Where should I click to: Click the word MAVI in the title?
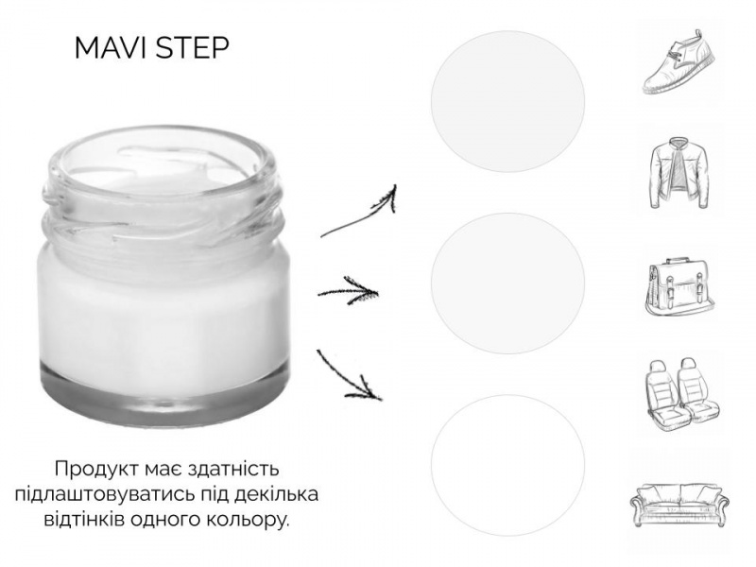(x=112, y=48)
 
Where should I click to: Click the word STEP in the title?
(x=194, y=48)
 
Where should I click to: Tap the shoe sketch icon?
(x=679, y=61)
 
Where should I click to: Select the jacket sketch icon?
(x=679, y=173)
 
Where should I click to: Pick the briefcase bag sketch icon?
(x=679, y=287)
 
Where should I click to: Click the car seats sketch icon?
(x=681, y=394)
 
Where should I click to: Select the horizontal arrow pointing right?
(x=348, y=291)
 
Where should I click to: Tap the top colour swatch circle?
(x=507, y=101)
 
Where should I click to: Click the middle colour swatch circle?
(x=507, y=283)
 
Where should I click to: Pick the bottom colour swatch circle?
(x=507, y=465)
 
